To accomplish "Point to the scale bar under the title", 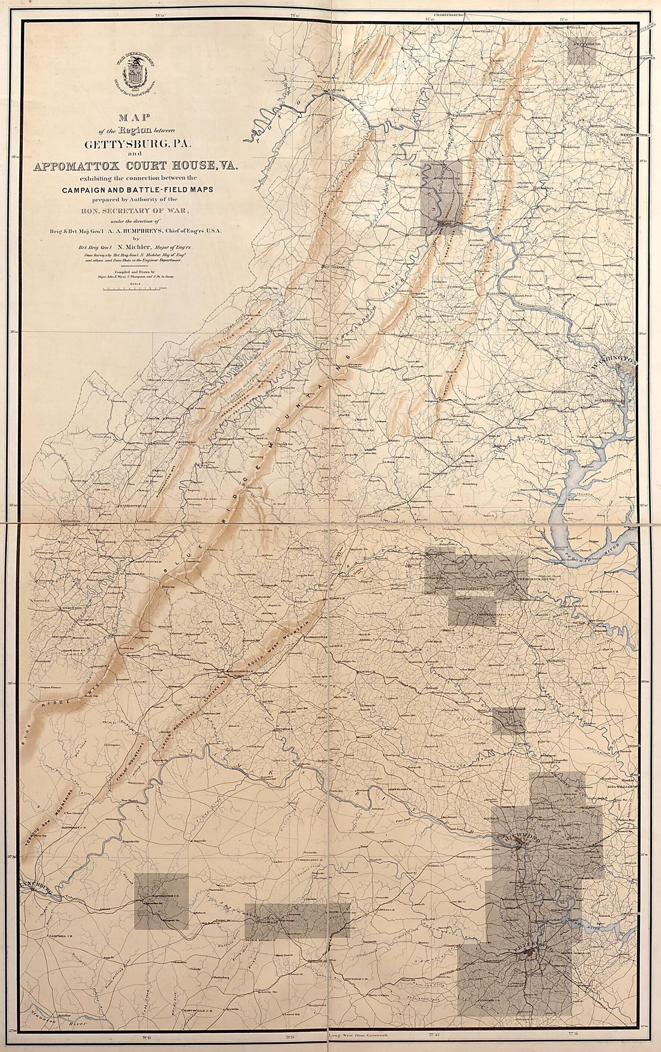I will [x=138, y=289].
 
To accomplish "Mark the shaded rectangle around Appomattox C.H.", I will [x=161, y=901].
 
